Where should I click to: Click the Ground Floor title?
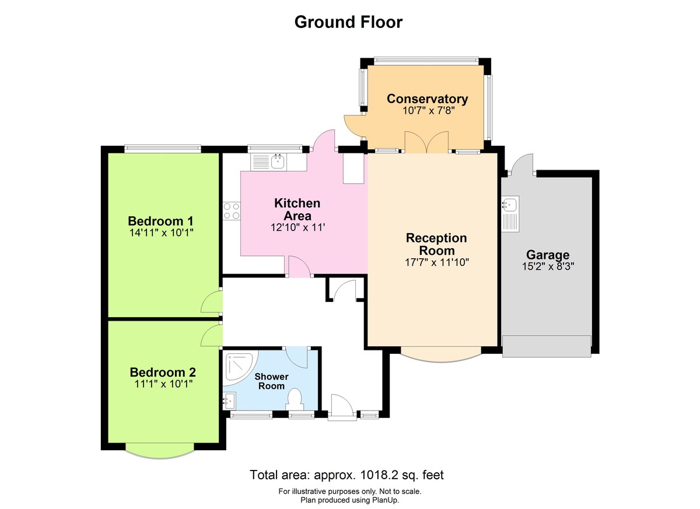coord(348,22)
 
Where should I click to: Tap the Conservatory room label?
coord(427,99)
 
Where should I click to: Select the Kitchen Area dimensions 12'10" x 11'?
coord(297,227)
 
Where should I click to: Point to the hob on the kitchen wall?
coord(232,210)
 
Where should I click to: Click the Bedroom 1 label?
coord(160,221)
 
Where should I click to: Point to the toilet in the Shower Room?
coord(295,400)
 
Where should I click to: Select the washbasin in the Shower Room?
coord(229,400)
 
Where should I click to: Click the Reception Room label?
coord(437,244)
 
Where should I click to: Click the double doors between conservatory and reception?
coord(427,143)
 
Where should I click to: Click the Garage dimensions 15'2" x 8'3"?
coord(548,267)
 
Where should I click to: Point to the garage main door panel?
coord(547,346)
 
